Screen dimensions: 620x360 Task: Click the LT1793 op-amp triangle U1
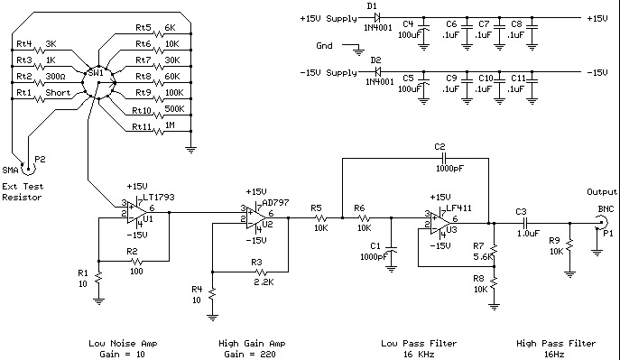point(136,213)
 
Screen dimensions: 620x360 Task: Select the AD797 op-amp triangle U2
point(255,218)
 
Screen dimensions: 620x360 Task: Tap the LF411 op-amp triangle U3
point(440,224)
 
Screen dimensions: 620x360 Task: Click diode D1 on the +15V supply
point(376,17)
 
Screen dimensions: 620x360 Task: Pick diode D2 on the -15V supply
point(376,72)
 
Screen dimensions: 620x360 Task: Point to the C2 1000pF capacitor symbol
point(445,159)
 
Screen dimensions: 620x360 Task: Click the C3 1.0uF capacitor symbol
point(526,223)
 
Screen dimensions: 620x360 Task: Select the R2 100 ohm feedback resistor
point(137,262)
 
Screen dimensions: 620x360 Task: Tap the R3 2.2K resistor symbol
point(262,272)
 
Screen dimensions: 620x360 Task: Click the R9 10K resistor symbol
point(569,246)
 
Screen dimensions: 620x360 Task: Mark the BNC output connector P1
point(601,223)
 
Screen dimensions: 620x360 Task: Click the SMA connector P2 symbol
point(29,169)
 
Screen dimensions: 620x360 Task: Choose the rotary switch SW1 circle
point(98,83)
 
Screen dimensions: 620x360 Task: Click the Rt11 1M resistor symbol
point(159,131)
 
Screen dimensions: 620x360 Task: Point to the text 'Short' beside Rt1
point(58,93)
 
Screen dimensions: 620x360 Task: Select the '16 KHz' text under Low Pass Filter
point(419,354)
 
